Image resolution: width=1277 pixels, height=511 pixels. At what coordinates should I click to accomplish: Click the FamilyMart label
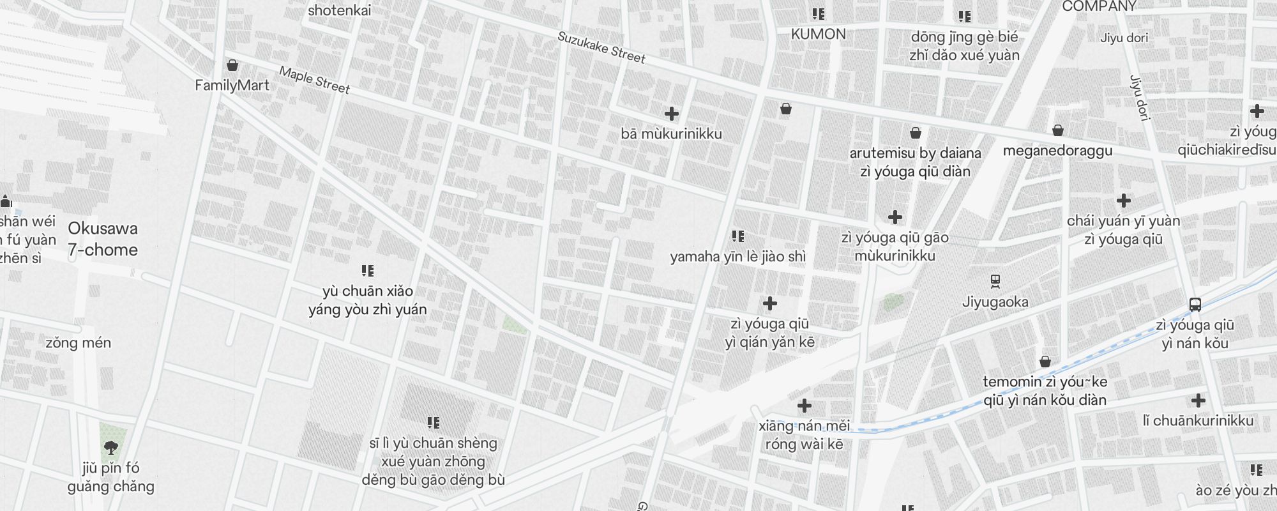coord(232,85)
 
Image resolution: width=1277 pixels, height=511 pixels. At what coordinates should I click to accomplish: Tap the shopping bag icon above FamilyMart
coord(232,65)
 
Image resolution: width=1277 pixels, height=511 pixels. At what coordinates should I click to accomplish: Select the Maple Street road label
coord(314,80)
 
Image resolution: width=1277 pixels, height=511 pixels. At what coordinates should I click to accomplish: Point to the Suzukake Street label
coord(601,47)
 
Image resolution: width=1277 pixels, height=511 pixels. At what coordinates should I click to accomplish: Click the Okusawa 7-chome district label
coord(103,239)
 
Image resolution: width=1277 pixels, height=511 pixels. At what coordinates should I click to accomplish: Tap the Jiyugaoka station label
coord(995,301)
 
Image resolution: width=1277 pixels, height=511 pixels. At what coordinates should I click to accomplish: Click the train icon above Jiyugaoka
coord(995,281)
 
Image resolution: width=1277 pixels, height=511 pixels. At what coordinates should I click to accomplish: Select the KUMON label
coord(818,34)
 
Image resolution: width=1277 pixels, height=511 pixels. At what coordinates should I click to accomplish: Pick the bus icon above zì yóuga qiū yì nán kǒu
coord(1195,305)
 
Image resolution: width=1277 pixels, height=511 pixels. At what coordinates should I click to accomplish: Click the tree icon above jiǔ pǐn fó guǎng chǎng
coord(111,447)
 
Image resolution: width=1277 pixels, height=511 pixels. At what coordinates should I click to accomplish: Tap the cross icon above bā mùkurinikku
coord(671,114)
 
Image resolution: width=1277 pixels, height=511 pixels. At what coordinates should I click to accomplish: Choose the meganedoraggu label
coord(1057,151)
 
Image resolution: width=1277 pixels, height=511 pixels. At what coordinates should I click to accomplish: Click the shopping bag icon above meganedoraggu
coord(1058,131)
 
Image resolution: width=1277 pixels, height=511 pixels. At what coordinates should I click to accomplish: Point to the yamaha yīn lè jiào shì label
coord(737,257)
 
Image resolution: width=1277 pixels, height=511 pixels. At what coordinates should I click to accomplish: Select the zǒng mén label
coord(78,343)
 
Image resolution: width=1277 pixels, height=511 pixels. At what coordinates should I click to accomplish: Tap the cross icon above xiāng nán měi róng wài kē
coord(805,406)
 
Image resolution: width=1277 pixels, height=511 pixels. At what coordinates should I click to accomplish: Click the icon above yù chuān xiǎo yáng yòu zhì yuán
coord(368,271)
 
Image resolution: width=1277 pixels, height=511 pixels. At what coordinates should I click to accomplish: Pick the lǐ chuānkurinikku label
coord(1198,421)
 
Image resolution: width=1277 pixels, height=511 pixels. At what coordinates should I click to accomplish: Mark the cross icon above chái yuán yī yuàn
coord(1123,201)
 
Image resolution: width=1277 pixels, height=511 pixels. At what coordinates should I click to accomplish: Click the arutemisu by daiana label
coord(915,153)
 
